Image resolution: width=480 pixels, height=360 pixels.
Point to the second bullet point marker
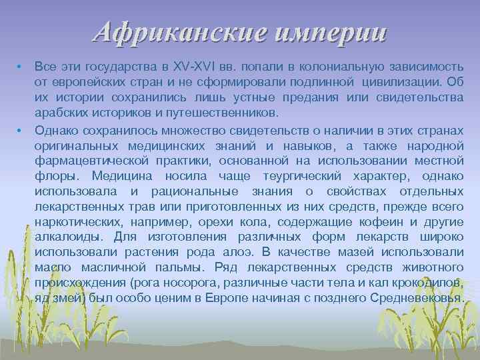pyautogui.click(x=21, y=129)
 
